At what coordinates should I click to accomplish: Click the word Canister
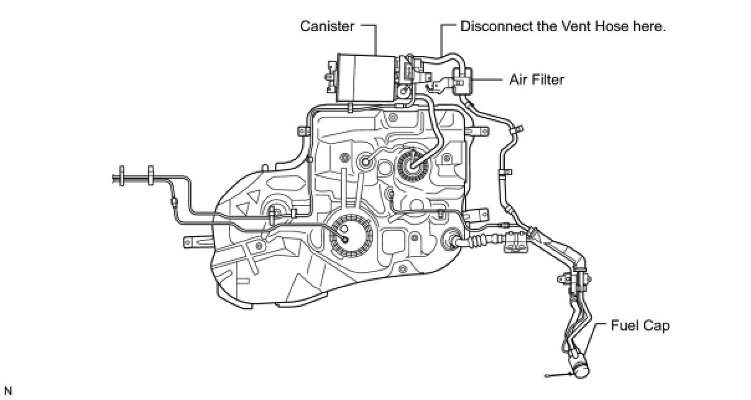pyautogui.click(x=327, y=26)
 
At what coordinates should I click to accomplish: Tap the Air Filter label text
pyautogui.click(x=537, y=80)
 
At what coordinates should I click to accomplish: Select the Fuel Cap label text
pyautogui.click(x=640, y=325)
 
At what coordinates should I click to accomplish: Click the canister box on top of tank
pyautogui.click(x=365, y=78)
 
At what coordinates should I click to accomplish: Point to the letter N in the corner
pyautogui.click(x=7, y=391)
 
